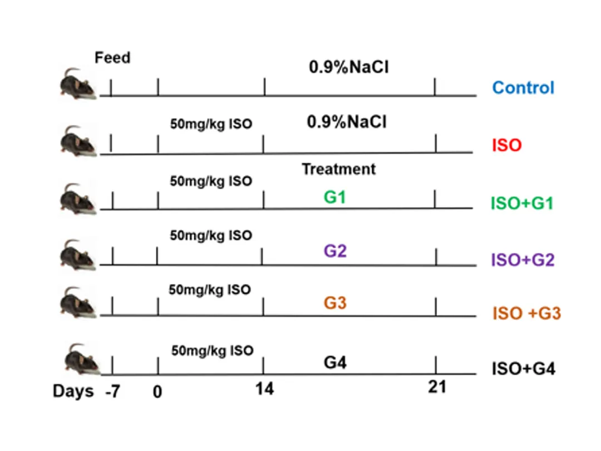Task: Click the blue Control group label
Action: (523, 88)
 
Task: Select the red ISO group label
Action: (506, 145)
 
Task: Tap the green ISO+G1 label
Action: (521, 203)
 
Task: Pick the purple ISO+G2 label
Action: (522, 259)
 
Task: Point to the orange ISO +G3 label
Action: (526, 314)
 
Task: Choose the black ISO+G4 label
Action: (523, 369)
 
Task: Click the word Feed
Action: (112, 57)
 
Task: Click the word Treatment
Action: (338, 169)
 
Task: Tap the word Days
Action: (73, 391)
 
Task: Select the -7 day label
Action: (113, 391)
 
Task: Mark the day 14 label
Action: (264, 389)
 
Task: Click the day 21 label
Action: (437, 387)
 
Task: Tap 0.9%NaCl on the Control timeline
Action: (349, 68)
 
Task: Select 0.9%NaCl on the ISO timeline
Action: (347, 122)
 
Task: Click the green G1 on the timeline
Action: (334, 197)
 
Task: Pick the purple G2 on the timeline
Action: (335, 251)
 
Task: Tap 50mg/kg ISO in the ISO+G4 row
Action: (212, 351)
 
